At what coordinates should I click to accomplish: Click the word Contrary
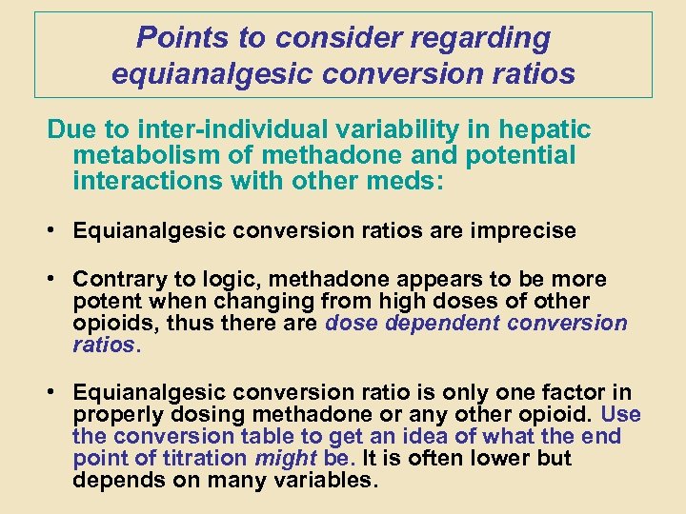coord(116,280)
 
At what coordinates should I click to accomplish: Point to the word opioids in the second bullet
coord(114,324)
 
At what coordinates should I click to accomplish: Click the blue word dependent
coord(441,324)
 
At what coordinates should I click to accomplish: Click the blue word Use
coord(622,415)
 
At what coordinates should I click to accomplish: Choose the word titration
coord(207,459)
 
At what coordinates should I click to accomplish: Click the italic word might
coord(286,459)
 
